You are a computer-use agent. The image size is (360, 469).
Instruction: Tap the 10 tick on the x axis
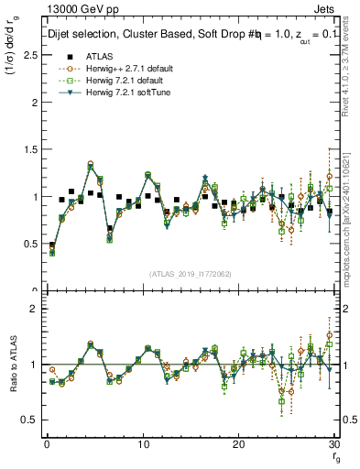pyautogui.click(x=142, y=443)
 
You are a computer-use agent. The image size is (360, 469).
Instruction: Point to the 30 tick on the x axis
pyautogui.click(x=333, y=443)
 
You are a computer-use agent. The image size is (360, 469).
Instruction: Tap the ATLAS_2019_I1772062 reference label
pyautogui.click(x=189, y=273)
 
